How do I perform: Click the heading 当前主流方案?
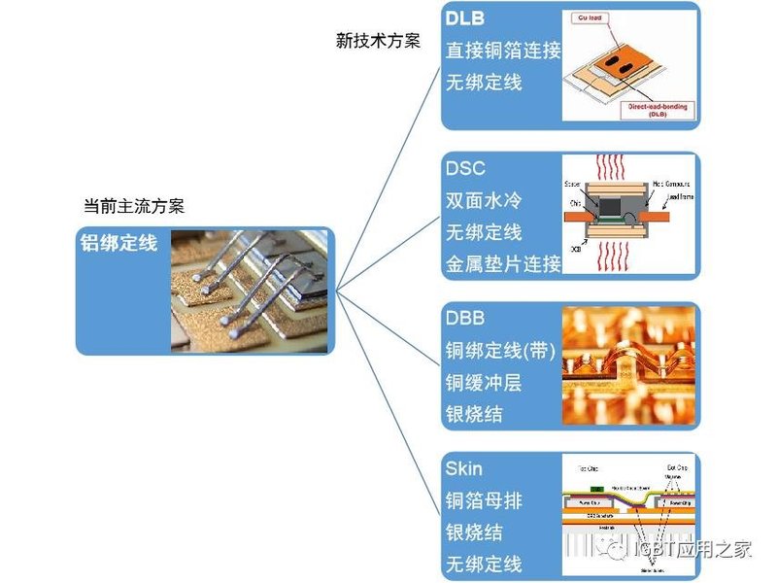click(134, 207)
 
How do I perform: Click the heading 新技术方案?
click(378, 41)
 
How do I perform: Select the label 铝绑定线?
click(118, 244)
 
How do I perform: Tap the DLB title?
click(467, 19)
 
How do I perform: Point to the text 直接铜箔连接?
click(503, 51)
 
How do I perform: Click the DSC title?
click(466, 169)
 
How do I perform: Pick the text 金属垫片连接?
click(503, 262)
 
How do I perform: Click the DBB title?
click(466, 319)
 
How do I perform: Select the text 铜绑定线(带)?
click(501, 351)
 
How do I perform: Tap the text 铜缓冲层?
click(484, 383)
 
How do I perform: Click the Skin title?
click(465, 469)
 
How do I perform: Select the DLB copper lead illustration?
click(630, 65)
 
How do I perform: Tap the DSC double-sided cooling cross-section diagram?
click(630, 216)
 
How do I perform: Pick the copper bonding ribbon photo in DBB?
click(630, 366)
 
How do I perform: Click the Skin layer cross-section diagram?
click(630, 515)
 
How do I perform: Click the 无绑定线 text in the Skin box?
click(484, 564)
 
